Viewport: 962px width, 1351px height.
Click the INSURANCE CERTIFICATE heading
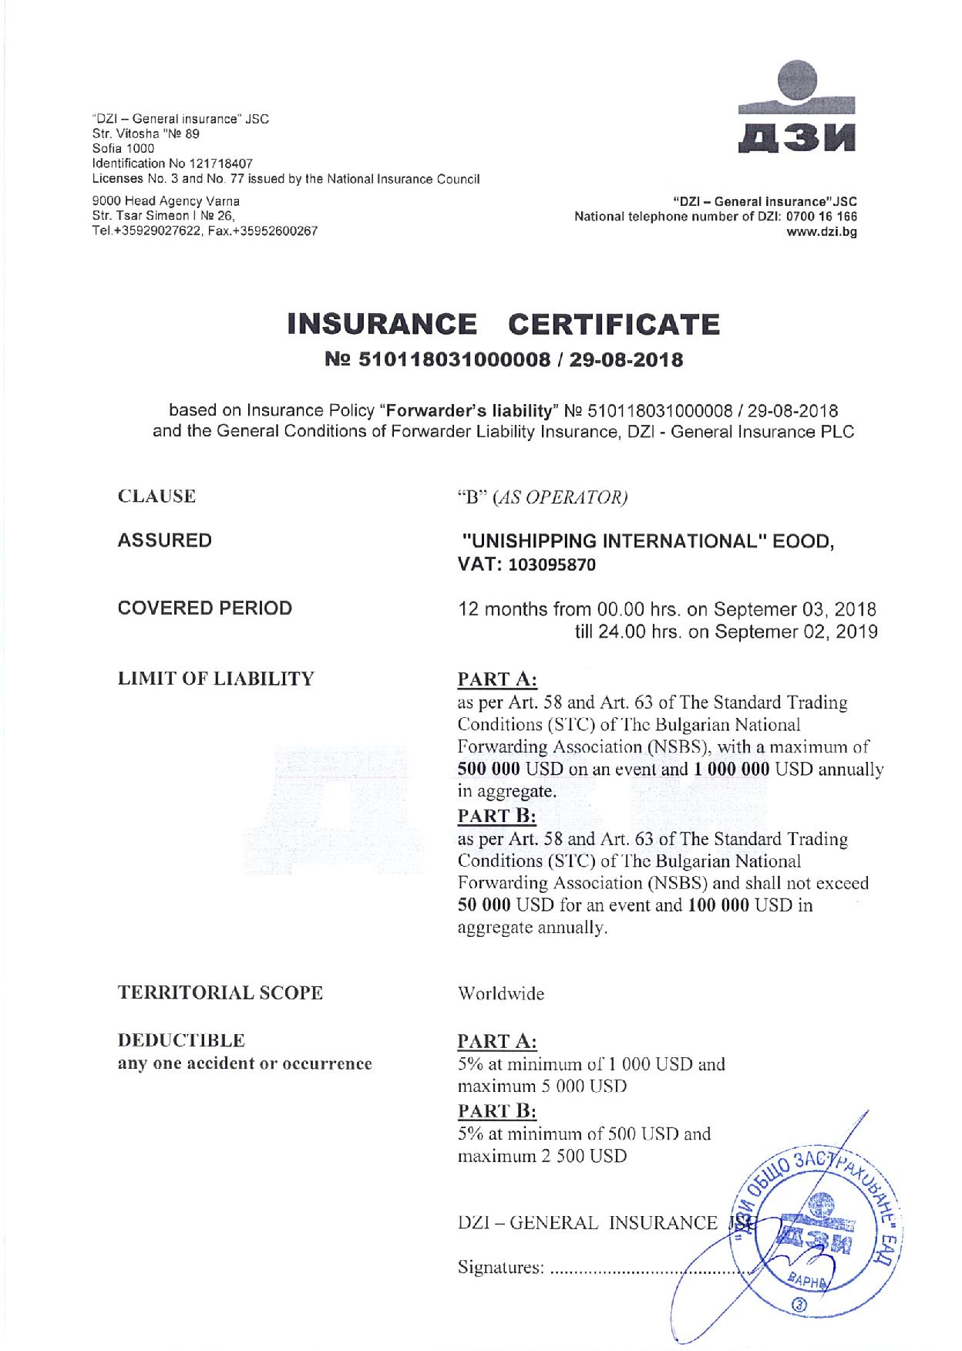coord(503,324)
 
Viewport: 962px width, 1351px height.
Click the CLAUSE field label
coord(156,497)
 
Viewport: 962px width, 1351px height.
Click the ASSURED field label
coord(164,541)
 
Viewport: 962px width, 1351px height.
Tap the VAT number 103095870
coord(551,565)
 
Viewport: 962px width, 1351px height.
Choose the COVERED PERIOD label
coord(204,608)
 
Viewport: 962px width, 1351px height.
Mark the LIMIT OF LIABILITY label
coord(216,679)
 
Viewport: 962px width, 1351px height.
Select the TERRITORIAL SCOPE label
coord(220,993)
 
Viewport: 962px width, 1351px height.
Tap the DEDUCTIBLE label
coord(181,1041)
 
